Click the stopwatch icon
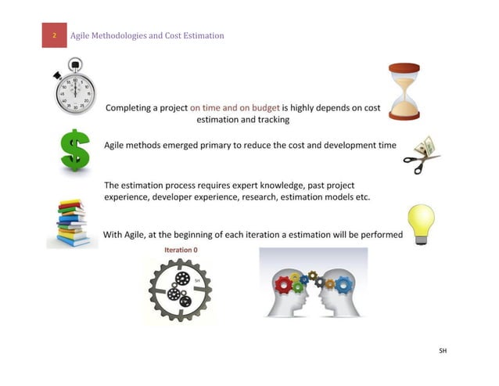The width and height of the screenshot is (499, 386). click(75, 88)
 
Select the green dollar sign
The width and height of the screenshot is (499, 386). click(75, 150)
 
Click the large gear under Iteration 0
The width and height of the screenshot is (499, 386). click(179, 290)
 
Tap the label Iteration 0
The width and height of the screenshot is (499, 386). click(180, 250)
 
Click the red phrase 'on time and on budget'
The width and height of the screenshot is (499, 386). click(234, 107)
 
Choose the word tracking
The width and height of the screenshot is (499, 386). click(271, 120)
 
